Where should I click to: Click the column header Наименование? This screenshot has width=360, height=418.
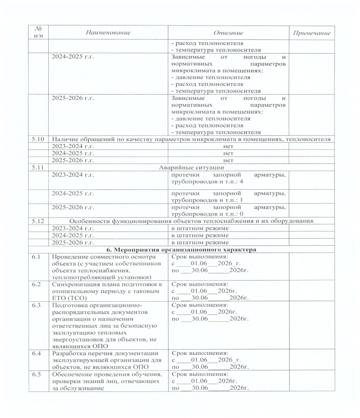click(x=108, y=33)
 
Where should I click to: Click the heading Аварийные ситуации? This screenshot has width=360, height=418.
click(x=192, y=166)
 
